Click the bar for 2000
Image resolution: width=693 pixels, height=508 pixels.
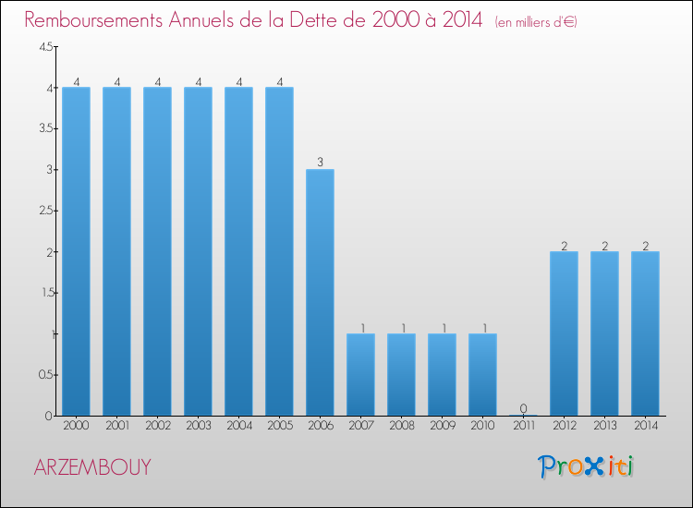[76, 251]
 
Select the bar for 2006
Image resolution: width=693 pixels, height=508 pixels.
[320, 292]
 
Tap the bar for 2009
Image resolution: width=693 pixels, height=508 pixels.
[442, 374]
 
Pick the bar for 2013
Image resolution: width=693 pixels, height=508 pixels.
[604, 333]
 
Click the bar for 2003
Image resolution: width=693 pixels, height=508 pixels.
[198, 251]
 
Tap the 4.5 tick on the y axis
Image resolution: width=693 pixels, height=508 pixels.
[45, 47]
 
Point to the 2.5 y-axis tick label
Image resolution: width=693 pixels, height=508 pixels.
[45, 211]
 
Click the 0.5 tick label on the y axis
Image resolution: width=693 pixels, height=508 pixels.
[45, 375]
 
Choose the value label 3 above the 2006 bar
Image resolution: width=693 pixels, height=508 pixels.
[320, 163]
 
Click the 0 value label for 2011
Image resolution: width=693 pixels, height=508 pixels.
[523, 408]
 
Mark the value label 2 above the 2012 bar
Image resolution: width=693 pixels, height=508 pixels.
[564, 245]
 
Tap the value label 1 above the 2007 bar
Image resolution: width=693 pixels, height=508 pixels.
[360, 327]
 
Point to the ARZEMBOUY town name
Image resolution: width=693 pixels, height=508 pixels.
[91, 467]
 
